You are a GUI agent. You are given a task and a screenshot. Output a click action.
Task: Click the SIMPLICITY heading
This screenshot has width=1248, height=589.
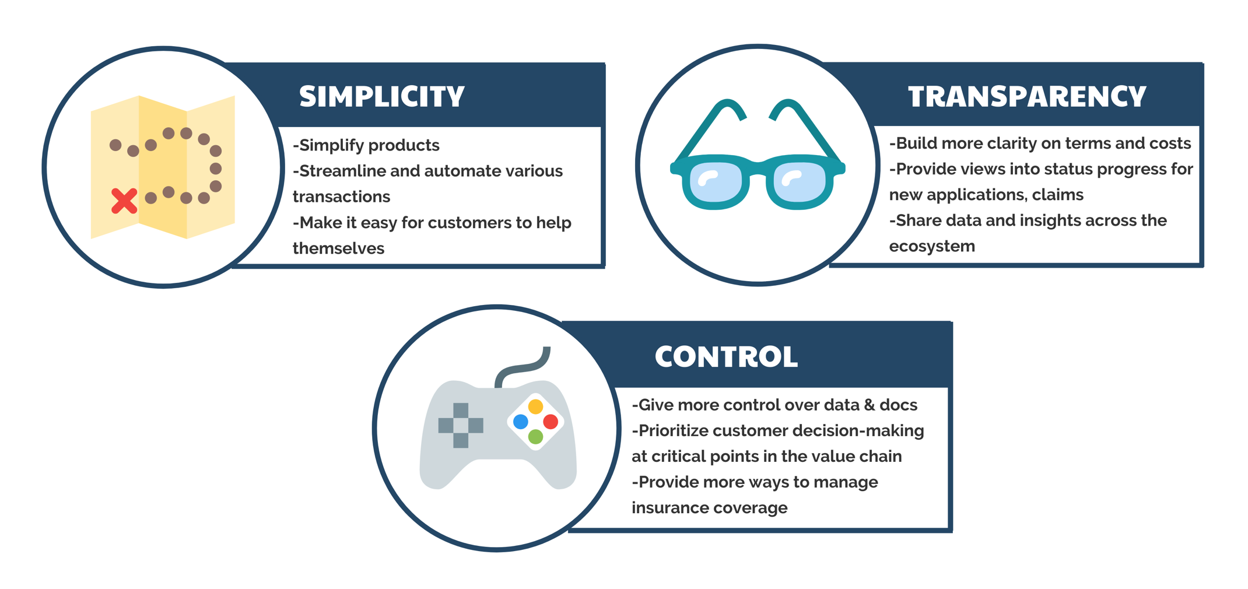click(382, 97)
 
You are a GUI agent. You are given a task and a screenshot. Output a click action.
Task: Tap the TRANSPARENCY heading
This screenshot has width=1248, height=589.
click(1027, 97)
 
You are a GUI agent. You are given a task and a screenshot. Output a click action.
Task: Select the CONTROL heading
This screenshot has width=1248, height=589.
click(726, 357)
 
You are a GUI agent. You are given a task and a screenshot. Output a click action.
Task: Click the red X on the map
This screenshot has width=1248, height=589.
click(124, 201)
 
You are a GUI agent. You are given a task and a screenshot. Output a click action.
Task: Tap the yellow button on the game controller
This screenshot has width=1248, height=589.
click(535, 406)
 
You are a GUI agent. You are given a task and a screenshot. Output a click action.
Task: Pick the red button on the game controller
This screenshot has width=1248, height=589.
click(551, 421)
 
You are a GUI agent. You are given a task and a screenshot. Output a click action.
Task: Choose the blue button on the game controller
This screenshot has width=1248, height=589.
click(521, 421)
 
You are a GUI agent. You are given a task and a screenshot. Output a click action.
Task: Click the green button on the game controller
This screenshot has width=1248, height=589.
click(535, 436)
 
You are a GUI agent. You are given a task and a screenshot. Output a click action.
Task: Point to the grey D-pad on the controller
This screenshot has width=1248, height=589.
click(461, 426)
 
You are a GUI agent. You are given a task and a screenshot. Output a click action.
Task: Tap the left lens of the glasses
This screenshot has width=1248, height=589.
click(716, 183)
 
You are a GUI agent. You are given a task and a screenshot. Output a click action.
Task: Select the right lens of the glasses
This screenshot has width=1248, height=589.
click(800, 183)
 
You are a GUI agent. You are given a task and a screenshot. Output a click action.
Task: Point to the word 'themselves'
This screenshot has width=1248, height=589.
click(338, 248)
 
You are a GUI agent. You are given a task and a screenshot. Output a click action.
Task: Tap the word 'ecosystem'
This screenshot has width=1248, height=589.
click(932, 247)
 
